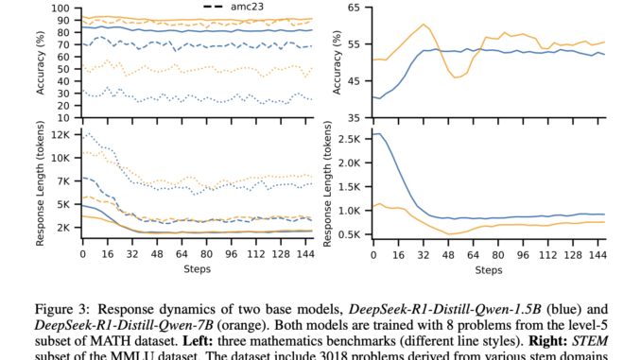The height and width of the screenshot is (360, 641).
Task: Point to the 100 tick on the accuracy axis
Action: tap(62, 8)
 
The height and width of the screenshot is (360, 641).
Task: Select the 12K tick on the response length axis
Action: tap(61, 133)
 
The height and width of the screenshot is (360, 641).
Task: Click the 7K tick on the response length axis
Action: tap(64, 180)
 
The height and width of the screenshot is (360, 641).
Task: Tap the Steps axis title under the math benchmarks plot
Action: tap(197, 270)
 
